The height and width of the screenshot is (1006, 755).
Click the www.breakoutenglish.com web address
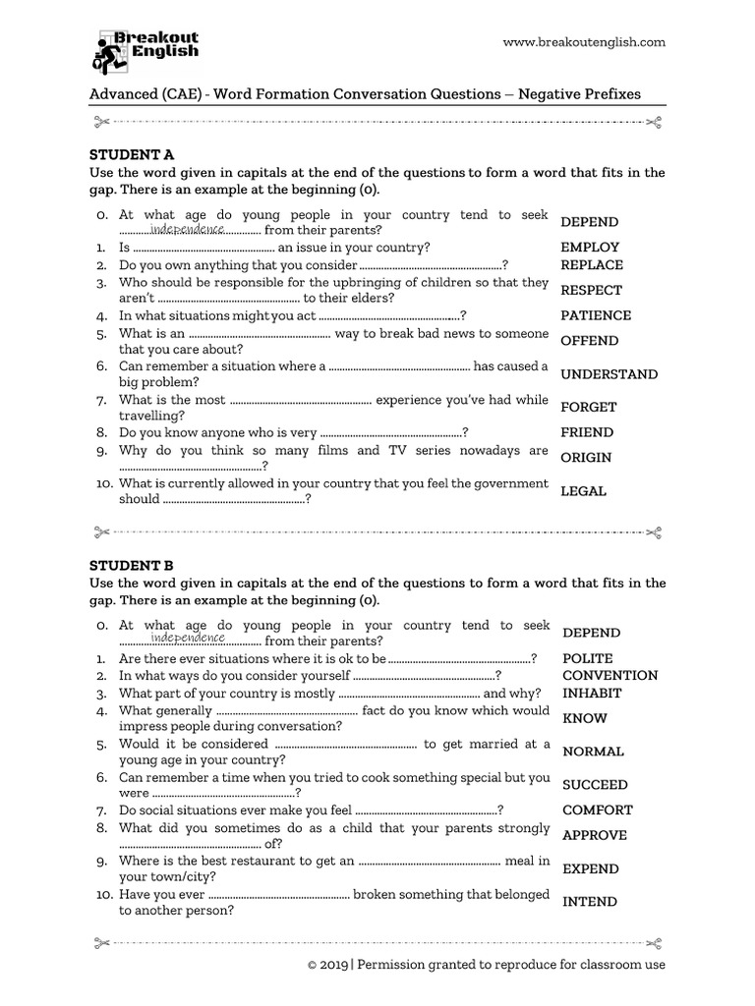pos(584,42)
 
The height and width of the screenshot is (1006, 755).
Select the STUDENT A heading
pos(132,154)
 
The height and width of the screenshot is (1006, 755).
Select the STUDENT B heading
pos(132,565)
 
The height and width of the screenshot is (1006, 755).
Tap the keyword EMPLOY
pos(590,248)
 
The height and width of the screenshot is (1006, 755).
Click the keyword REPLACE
pos(591,265)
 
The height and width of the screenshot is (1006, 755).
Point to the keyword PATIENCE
pos(596,315)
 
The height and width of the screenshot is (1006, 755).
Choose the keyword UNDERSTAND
pos(609,374)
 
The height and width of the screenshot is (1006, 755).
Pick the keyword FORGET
pos(588,407)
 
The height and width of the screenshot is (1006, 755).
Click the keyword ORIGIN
pos(586,457)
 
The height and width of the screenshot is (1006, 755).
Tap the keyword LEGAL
pos(583,491)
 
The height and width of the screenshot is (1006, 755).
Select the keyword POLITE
pos(587,658)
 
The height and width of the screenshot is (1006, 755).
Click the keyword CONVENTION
pos(610,676)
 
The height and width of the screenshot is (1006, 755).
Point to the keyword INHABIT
pos(592,693)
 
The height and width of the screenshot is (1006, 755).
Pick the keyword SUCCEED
pos(595,785)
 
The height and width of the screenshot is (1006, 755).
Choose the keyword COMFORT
pos(597,810)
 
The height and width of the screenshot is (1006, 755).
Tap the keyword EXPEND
pos(590,868)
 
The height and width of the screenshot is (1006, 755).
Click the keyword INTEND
pos(590,902)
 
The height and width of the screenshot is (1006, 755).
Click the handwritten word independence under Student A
pos(188,229)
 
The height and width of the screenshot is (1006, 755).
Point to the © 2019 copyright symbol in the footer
pos(313,965)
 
